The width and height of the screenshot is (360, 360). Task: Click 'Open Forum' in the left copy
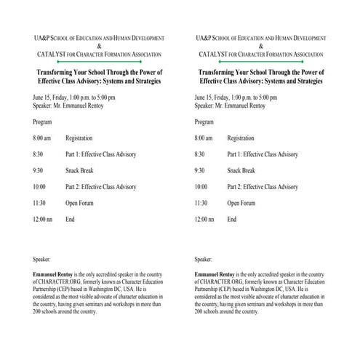79,203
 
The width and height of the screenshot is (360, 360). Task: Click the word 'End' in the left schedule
70,219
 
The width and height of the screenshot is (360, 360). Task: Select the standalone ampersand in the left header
98,46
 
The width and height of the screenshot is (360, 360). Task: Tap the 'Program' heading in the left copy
41,121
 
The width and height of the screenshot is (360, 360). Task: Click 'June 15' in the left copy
42,97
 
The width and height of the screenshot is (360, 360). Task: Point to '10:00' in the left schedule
39,186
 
